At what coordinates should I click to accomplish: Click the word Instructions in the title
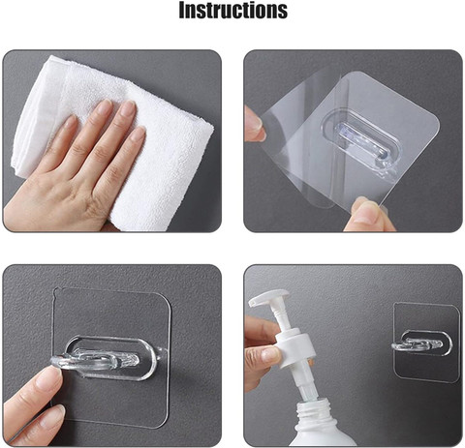(232, 11)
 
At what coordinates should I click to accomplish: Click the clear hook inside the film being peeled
(361, 142)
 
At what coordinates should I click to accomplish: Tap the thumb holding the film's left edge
(254, 124)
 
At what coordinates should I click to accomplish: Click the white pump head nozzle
(268, 297)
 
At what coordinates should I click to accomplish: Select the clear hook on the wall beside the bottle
(419, 345)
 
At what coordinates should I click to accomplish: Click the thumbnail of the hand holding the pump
(270, 354)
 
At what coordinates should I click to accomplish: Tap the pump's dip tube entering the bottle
(306, 388)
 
